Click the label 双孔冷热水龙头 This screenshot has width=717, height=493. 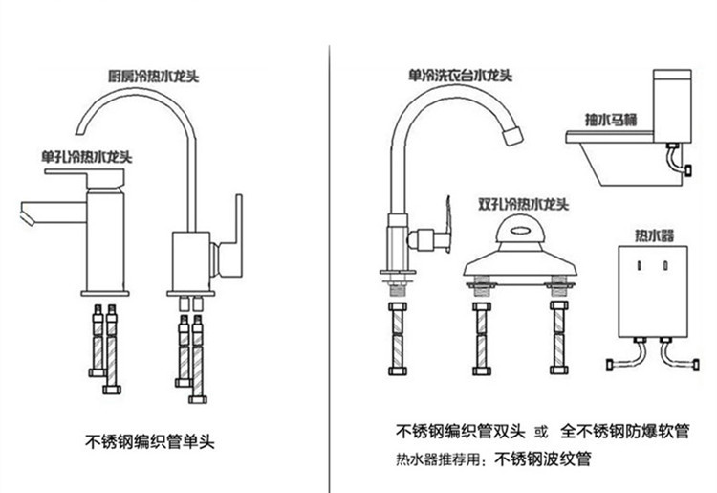pos(523,204)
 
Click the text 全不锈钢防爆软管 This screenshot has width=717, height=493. pos(626,430)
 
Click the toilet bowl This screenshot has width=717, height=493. pos(612,158)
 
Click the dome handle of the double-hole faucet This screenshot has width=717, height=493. pos(523,231)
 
